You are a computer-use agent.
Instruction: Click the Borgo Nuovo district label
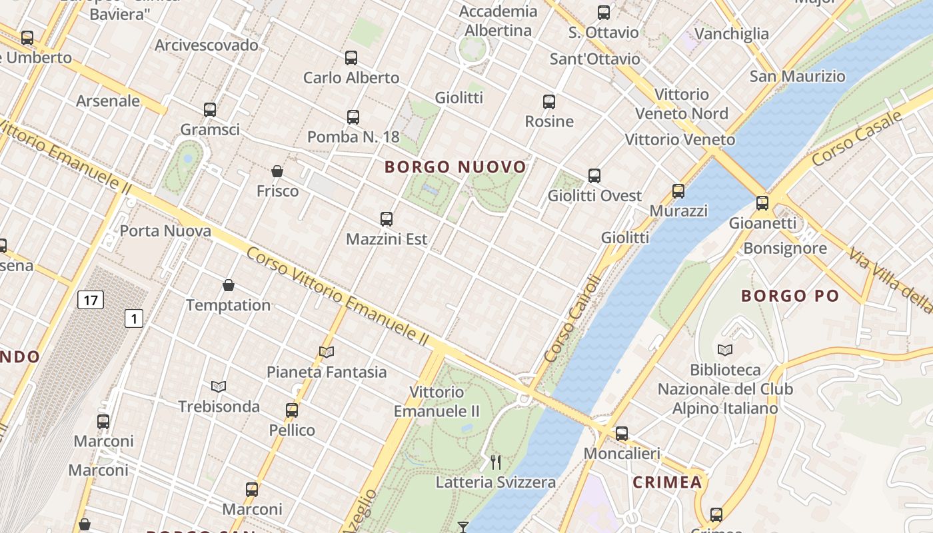[456, 167]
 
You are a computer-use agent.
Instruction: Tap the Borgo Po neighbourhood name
[790, 296]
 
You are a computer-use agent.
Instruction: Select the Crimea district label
[667, 482]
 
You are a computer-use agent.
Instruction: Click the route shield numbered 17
[91, 300]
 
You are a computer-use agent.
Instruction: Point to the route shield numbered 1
[134, 318]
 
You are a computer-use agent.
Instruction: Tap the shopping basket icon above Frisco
[277, 172]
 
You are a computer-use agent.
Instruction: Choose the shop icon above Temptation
[229, 286]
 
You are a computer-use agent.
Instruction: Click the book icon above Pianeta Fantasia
[327, 352]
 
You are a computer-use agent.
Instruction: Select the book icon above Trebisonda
[219, 386]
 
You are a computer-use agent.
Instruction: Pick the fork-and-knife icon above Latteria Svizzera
[496, 462]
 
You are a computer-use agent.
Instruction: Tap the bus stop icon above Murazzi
[678, 191]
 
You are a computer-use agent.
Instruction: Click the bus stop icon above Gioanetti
[762, 203]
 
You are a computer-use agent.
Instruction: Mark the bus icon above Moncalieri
[622, 434]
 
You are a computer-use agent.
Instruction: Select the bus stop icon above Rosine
[549, 102]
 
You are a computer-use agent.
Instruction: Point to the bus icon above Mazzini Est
[387, 219]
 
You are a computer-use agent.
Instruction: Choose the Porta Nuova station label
[165, 231]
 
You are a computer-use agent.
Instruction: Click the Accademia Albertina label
[498, 21]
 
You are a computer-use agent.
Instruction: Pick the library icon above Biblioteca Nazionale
[725, 350]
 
